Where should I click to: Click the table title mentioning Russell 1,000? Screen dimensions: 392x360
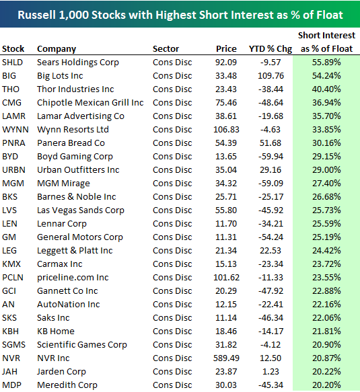(x=180, y=14)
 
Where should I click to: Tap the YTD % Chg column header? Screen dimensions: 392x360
(x=267, y=48)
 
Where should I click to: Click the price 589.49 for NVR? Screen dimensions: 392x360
(x=224, y=358)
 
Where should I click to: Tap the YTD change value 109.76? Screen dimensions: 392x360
(x=268, y=75)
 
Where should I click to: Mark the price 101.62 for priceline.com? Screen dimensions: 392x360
(x=224, y=277)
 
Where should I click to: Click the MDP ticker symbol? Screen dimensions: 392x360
(x=12, y=385)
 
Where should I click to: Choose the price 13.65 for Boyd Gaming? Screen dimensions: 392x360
(x=227, y=156)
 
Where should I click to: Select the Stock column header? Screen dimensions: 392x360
(x=14, y=48)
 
